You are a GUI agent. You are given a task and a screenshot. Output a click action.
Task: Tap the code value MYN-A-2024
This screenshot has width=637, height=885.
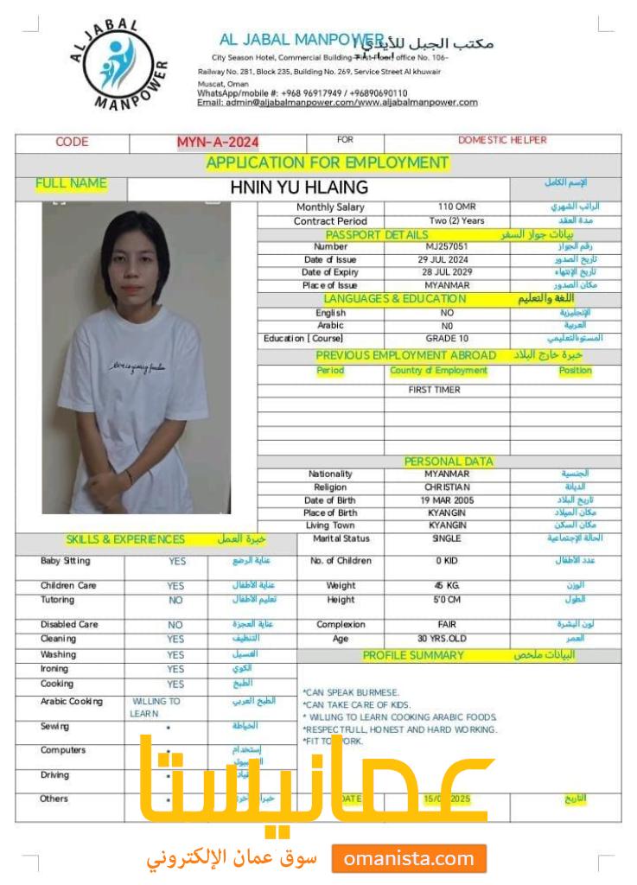pos(218,143)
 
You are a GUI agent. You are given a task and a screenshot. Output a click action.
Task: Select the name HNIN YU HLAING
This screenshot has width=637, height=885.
pos(299,187)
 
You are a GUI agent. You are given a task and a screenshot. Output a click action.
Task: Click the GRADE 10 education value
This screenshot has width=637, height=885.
pos(447,338)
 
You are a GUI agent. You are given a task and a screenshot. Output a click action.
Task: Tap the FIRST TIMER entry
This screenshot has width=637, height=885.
pos(434,390)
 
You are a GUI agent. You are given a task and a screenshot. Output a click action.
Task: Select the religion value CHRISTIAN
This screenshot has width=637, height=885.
pos(447,487)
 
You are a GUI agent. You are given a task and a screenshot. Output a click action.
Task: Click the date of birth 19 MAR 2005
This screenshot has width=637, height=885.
pos(447,500)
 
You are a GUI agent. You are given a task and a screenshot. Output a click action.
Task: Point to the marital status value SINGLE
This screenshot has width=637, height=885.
pos(447,538)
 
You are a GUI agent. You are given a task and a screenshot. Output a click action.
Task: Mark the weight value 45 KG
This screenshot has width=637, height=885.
pos(447,585)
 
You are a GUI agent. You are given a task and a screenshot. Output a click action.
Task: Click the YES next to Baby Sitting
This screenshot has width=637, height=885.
pos(175,562)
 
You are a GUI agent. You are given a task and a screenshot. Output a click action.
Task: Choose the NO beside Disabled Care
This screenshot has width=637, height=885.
pos(175,624)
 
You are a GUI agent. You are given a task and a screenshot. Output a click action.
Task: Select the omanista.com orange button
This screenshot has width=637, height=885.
pos(409,859)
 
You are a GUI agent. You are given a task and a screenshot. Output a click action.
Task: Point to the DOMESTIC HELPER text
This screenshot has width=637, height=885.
pos(503,141)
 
